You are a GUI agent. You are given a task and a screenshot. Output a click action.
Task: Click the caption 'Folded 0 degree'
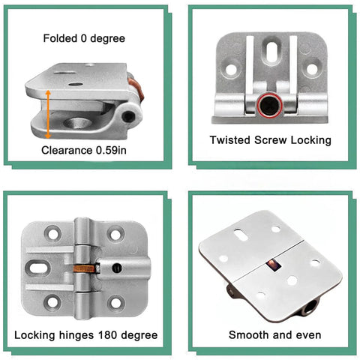pyautogui.click(x=85, y=38)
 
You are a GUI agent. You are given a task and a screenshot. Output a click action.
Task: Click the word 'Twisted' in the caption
pyautogui.click(x=230, y=139)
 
